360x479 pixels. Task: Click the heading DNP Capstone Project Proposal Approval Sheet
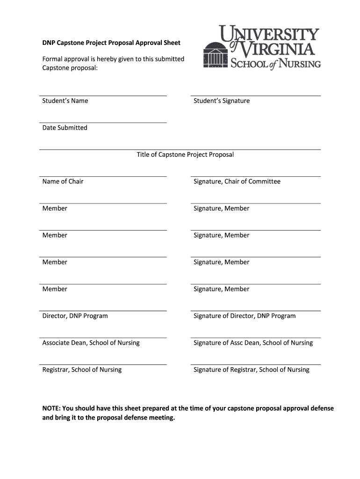[x=111, y=43]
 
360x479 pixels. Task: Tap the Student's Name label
[x=65, y=101]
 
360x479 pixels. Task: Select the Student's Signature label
[x=222, y=101]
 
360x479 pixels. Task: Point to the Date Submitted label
[x=65, y=128]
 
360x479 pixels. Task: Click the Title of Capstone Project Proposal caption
[x=185, y=154]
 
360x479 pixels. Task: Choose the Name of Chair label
[x=63, y=181]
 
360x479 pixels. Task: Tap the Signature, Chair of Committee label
[x=237, y=181]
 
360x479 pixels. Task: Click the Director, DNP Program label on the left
[x=75, y=316]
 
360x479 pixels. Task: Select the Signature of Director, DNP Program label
[x=245, y=316]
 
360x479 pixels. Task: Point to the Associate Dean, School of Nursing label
[x=91, y=343]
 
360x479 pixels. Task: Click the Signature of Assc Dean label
[x=253, y=343]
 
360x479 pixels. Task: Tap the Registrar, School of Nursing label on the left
[x=82, y=370]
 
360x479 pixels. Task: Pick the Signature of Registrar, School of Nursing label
[x=252, y=370]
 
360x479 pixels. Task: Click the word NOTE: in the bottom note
[x=51, y=408]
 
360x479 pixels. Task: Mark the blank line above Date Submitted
[x=103, y=123]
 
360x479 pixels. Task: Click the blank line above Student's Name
[x=103, y=95]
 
